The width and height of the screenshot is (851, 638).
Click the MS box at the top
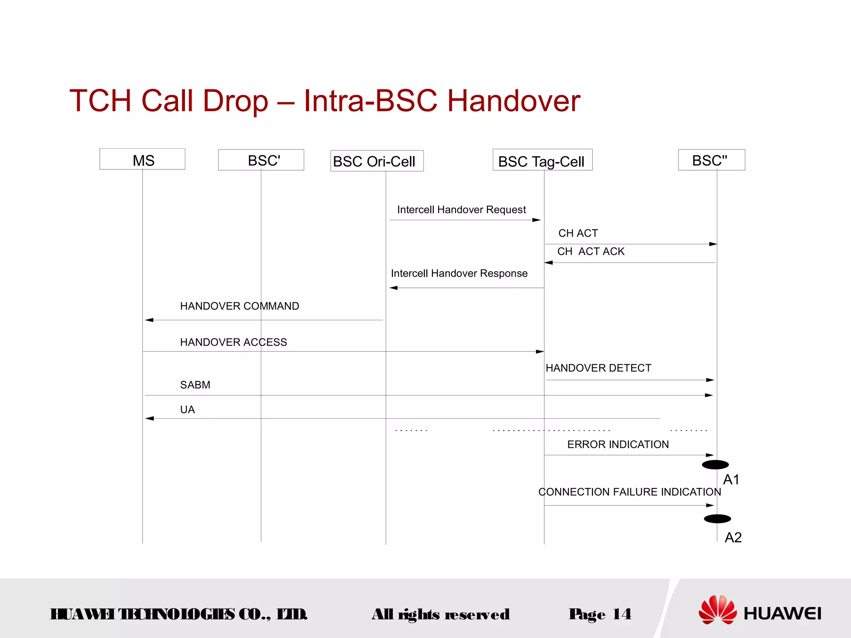pyautogui.click(x=143, y=159)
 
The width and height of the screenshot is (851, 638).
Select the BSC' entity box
pyautogui.click(x=261, y=160)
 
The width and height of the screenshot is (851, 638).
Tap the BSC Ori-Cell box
pyautogui.click(x=377, y=161)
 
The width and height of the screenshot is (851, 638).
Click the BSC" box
pyautogui.click(x=711, y=160)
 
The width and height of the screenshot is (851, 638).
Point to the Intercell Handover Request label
pyautogui.click(x=461, y=210)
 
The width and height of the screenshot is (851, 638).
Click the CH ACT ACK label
pyautogui.click(x=591, y=252)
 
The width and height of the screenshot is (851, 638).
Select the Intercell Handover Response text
pyautogui.click(x=459, y=273)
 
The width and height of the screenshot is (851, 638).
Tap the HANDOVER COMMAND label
pyautogui.click(x=239, y=306)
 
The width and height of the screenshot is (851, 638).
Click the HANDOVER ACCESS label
pyautogui.click(x=234, y=342)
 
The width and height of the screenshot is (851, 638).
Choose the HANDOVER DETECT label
pyautogui.click(x=598, y=368)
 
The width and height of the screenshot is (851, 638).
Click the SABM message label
pyautogui.click(x=195, y=385)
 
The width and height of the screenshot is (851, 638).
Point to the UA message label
pyautogui.click(x=187, y=410)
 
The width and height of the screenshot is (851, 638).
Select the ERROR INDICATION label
pyautogui.click(x=618, y=444)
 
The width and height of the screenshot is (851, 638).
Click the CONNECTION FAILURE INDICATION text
pyautogui.click(x=630, y=492)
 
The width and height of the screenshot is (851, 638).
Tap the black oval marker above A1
pyautogui.click(x=715, y=465)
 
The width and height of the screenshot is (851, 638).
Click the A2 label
pyautogui.click(x=733, y=538)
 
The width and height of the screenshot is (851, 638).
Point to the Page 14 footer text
pyautogui.click(x=600, y=614)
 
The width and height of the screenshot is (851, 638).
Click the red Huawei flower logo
pyautogui.click(x=717, y=610)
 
